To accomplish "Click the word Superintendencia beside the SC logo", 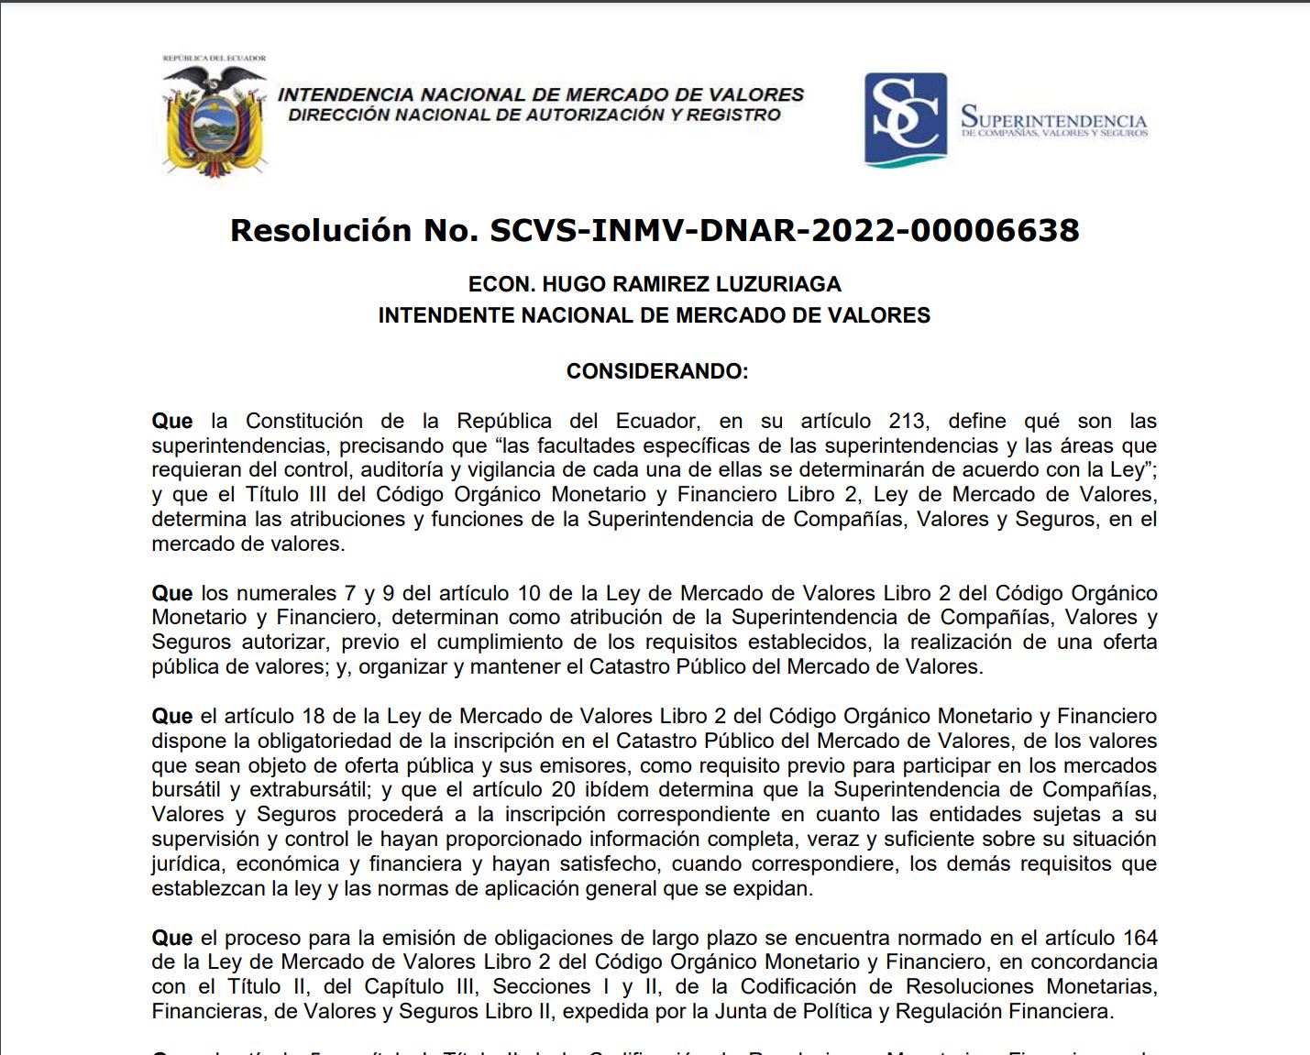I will pos(1053,120).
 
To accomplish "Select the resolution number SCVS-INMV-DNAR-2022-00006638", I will pos(785,230).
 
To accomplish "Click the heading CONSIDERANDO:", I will pos(657,371).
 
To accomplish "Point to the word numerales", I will pos(287,593).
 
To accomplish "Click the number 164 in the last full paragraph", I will pos(1139,938).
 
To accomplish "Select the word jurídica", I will pos(186,863).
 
